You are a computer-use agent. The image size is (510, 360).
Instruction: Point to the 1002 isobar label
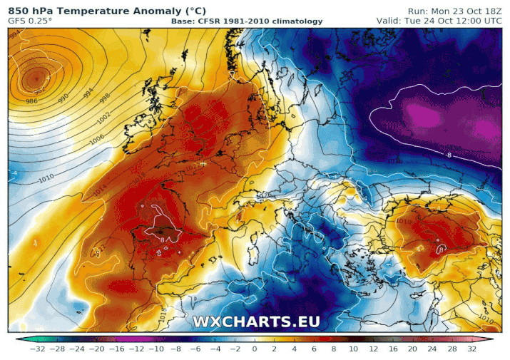tap(104, 116)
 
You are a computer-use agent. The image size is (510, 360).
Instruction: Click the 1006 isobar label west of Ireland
tap(97, 141)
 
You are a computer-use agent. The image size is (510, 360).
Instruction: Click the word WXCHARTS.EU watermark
tap(256, 322)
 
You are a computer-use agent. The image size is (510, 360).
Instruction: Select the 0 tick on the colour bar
tap(255, 349)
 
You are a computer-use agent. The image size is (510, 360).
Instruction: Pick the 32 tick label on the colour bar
tap(471, 349)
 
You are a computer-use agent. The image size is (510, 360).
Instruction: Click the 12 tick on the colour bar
tap(374, 349)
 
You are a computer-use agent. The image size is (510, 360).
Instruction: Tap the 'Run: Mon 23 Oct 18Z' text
tap(454, 11)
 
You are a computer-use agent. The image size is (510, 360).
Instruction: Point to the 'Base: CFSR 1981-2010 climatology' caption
tap(247, 21)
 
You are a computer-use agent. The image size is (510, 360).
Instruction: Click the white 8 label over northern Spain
tap(163, 240)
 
